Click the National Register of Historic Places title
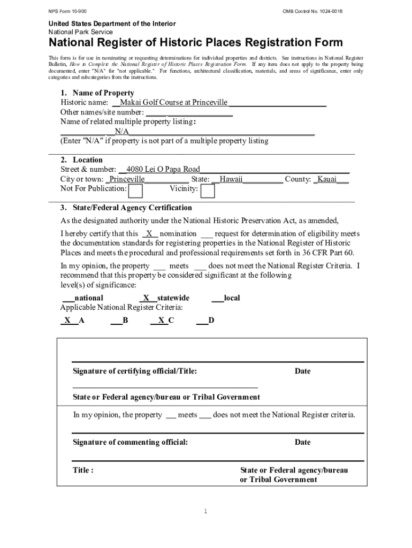pyautogui.click(x=196, y=43)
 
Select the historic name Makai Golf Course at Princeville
pyautogui.click(x=173, y=102)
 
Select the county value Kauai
pyautogui.click(x=326, y=179)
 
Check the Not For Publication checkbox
pyautogui.click(x=136, y=191)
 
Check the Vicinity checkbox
pyautogui.click(x=208, y=191)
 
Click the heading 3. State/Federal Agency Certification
pyautogui.click(x=126, y=208)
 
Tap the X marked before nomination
pyautogui.click(x=150, y=233)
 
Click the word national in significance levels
pyautogui.click(x=89, y=298)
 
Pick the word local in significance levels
pyautogui.click(x=232, y=298)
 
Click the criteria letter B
pyautogui.click(x=125, y=320)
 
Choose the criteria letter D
pyautogui.click(x=211, y=320)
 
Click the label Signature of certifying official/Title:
pyautogui.click(x=135, y=371)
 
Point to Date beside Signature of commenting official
pyautogui.click(x=302, y=442)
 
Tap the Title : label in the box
pyautogui.click(x=83, y=470)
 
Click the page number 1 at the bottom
pyautogui.click(x=205, y=512)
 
